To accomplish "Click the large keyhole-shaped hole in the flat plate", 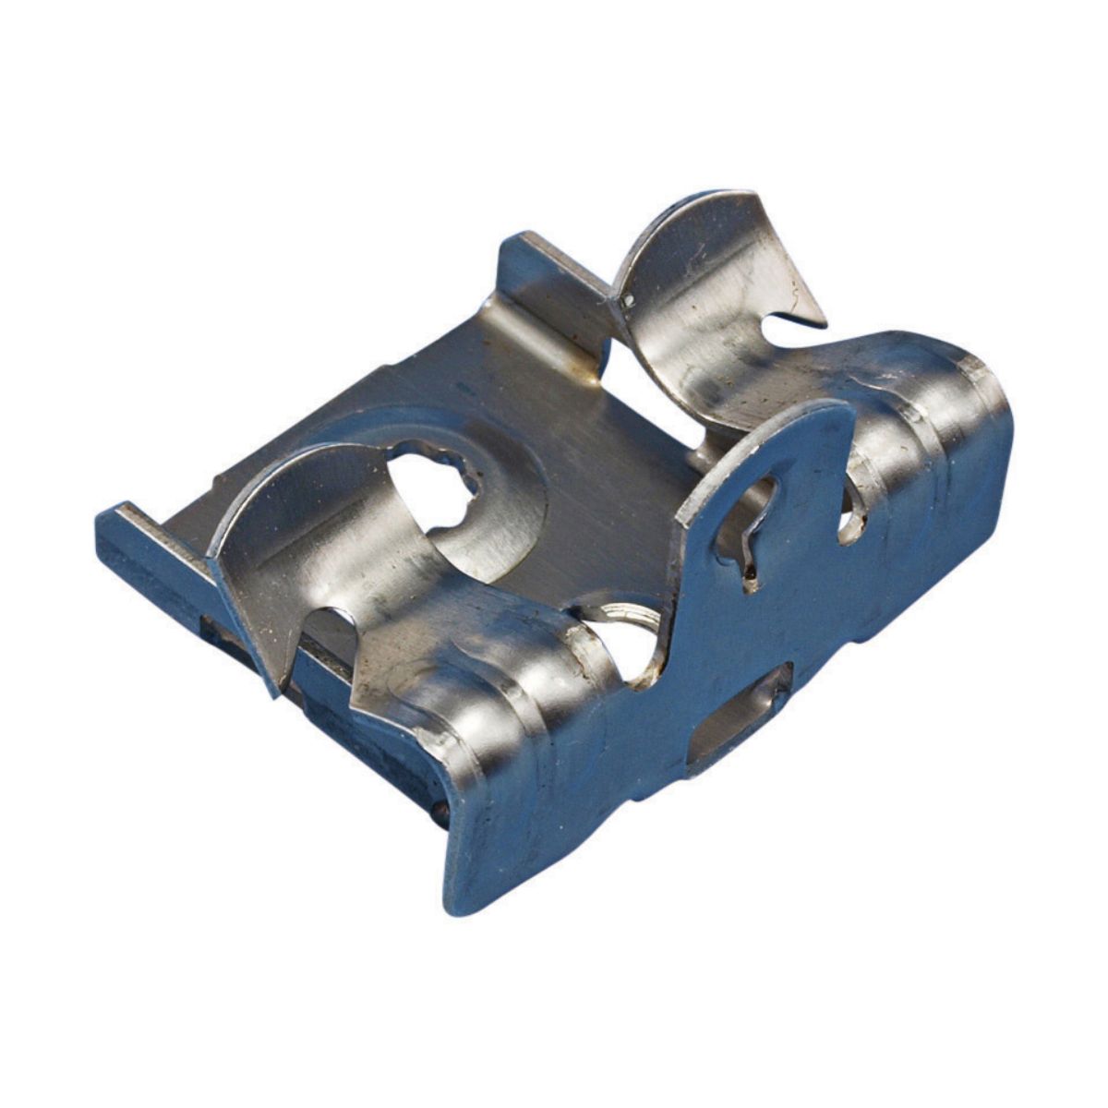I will click(434, 485).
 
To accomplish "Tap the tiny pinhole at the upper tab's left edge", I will click(628, 300).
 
